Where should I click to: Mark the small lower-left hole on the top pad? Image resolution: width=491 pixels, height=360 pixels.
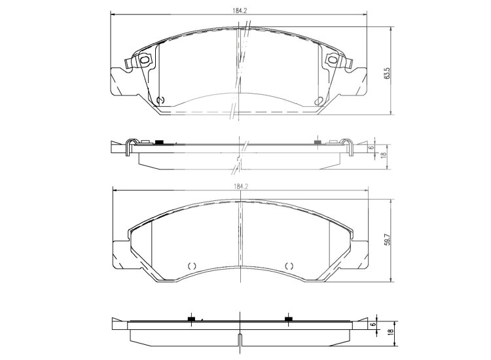click(162, 100)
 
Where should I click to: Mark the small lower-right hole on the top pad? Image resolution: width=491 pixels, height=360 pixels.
click(318, 100)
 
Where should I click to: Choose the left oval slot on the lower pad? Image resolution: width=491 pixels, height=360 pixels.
click(192, 266)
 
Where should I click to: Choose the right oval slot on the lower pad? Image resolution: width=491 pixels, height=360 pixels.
click(289, 266)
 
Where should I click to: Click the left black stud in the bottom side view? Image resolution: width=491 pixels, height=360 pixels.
click(192, 319)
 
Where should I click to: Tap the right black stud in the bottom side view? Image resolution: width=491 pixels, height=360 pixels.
click(288, 319)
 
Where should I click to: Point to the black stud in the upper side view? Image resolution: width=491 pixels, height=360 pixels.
click(159, 142)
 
